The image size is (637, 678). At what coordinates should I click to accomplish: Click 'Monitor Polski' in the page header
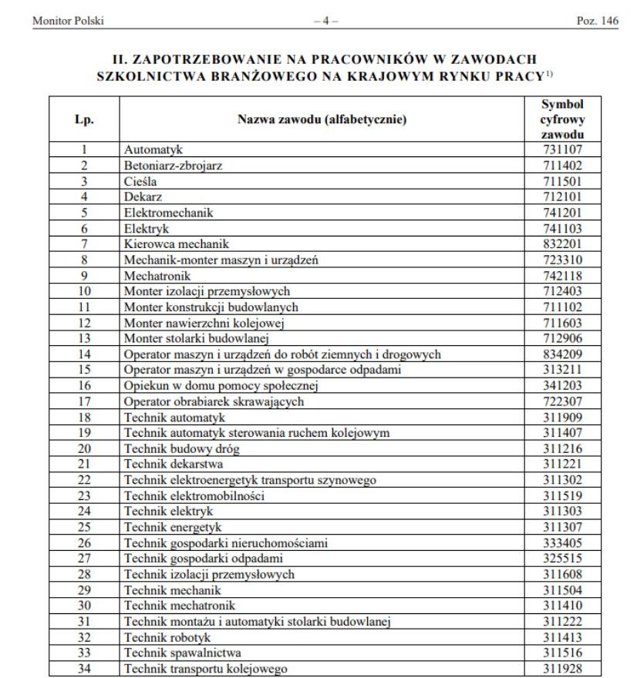tap(67, 21)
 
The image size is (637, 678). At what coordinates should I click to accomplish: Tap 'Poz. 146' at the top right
tap(597, 21)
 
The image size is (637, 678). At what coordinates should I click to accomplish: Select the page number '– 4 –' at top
tap(325, 21)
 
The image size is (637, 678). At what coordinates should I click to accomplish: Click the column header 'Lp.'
tap(85, 119)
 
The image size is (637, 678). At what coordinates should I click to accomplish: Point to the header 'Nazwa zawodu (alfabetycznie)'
tap(322, 119)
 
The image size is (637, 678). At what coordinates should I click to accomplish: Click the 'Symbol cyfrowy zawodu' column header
tap(561, 119)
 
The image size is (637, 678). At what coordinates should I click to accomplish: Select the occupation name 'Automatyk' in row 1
tap(153, 149)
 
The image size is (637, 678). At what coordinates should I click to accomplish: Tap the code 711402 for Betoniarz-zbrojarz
tap(561, 165)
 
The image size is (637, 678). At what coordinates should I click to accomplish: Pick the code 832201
tap(561, 243)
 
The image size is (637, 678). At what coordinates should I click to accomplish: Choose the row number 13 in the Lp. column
tap(85, 338)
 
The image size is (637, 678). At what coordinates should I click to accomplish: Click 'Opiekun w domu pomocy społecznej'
tap(211, 385)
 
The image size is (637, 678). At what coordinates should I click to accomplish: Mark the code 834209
tap(561, 354)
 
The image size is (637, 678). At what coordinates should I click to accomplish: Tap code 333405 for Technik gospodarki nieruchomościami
tap(561, 542)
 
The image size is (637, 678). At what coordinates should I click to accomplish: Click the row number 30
tap(85, 606)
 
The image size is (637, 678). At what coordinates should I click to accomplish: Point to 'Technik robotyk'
tap(167, 637)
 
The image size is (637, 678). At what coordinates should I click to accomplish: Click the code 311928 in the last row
tap(561, 669)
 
